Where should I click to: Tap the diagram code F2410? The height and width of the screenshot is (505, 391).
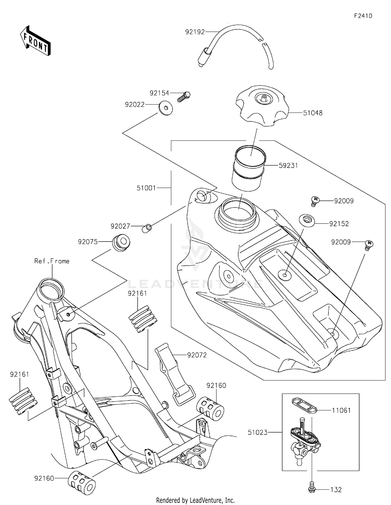click(x=363, y=16)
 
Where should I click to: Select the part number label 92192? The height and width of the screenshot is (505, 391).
click(x=195, y=32)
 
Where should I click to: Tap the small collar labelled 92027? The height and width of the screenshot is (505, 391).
click(x=147, y=228)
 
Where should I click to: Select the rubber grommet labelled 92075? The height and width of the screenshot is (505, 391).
click(x=121, y=243)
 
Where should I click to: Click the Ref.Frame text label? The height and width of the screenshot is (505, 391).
click(x=52, y=261)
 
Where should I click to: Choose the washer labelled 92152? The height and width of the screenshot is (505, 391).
click(x=307, y=221)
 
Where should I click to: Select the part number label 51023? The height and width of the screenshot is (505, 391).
click(x=258, y=432)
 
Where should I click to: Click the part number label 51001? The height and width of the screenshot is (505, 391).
click(x=146, y=188)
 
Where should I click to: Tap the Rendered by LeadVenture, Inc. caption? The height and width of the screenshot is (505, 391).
click(x=195, y=500)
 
